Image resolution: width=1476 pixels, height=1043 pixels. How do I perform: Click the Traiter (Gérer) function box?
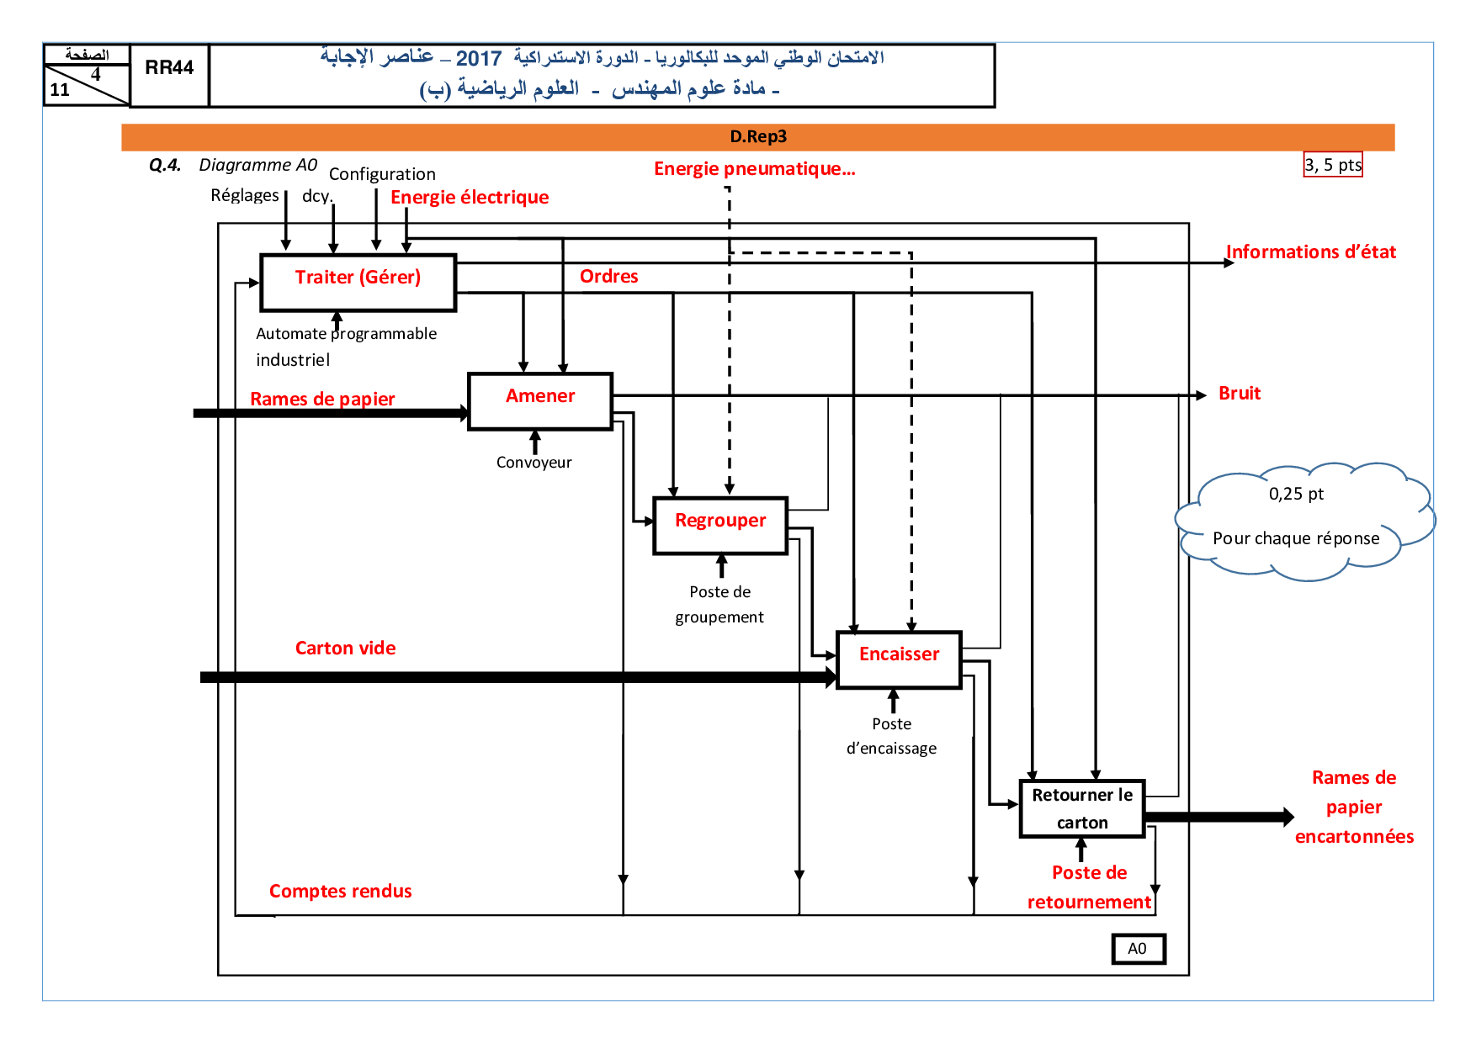pyautogui.click(x=358, y=283)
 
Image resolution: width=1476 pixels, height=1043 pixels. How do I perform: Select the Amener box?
pyautogui.click(x=540, y=401)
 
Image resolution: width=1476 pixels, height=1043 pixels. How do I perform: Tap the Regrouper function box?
pyautogui.click(x=720, y=526)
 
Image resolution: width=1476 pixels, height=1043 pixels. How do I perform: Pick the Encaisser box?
pyautogui.click(x=899, y=659)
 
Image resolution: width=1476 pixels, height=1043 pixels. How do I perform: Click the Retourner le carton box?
pyautogui.click(x=1082, y=808)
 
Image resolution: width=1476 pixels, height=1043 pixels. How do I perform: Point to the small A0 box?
pyautogui.click(x=1138, y=949)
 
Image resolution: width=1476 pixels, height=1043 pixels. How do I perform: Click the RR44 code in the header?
pyautogui.click(x=169, y=68)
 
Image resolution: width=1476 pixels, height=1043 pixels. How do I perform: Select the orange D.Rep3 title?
pyautogui.click(x=758, y=137)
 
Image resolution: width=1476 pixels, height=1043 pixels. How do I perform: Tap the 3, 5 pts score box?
pyautogui.click(x=1333, y=165)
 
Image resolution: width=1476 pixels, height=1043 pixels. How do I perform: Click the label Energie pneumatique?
pyautogui.click(x=754, y=169)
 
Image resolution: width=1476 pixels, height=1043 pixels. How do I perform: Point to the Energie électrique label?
pyautogui.click(x=470, y=198)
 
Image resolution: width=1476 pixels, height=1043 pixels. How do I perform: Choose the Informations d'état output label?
pyautogui.click(x=1310, y=252)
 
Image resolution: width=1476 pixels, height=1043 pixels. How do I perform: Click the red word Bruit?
pyautogui.click(x=1240, y=394)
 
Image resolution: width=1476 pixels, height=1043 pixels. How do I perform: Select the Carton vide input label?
pyautogui.click(x=345, y=649)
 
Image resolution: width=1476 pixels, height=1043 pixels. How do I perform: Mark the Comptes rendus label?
pyautogui.click(x=340, y=892)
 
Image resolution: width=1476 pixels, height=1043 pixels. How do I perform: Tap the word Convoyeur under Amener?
pyautogui.click(x=534, y=463)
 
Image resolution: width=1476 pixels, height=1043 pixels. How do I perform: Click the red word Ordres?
pyautogui.click(x=608, y=277)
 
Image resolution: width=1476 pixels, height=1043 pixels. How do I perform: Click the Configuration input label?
pyautogui.click(x=382, y=174)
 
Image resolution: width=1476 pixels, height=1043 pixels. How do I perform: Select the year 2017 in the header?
pyautogui.click(x=478, y=59)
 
